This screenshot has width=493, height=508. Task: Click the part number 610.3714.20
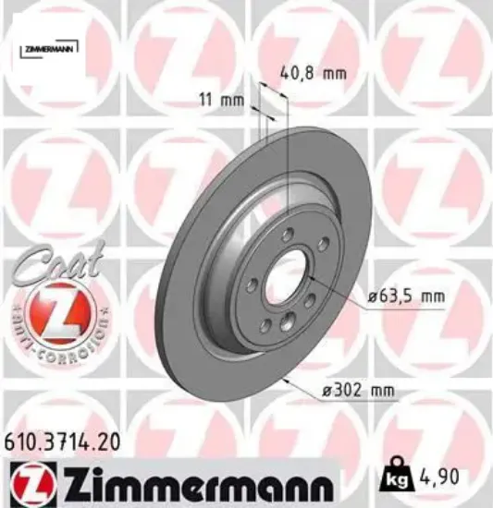tap(60, 444)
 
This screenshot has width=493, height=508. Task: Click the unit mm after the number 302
tap(380, 392)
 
